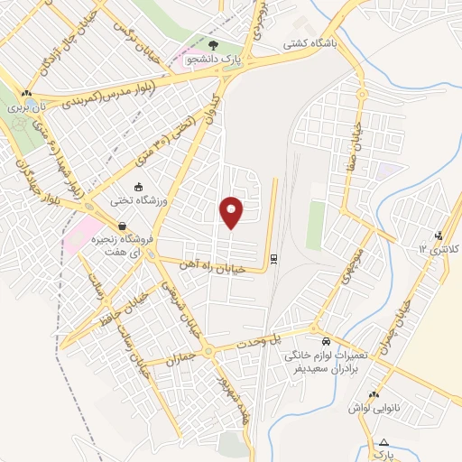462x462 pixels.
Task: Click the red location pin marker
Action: pyautogui.click(x=232, y=212)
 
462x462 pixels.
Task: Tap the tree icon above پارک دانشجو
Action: pyautogui.click(x=213, y=44)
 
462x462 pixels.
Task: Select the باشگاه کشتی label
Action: pyautogui.click(x=309, y=42)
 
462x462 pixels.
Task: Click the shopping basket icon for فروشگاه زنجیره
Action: pyautogui.click(x=121, y=226)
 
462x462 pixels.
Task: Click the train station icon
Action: pyautogui.click(x=273, y=258)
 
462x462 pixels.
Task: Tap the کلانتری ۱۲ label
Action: pyautogui.click(x=441, y=247)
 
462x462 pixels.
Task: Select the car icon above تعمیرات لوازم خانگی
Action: pyautogui.click(x=326, y=342)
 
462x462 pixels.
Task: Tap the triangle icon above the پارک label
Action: pyautogui.click(x=384, y=441)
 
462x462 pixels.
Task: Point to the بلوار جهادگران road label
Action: pyautogui.click(x=28, y=171)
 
